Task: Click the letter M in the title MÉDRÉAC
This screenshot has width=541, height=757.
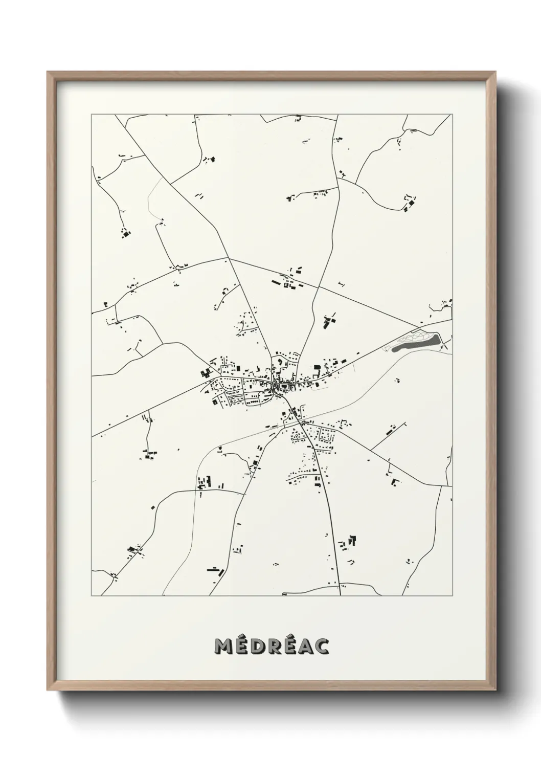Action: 223,647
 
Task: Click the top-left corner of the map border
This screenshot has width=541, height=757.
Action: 92,115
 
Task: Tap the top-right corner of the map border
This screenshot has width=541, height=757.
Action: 452,115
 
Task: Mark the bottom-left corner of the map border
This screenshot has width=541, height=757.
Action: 92,596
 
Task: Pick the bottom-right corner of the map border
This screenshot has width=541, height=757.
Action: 452,596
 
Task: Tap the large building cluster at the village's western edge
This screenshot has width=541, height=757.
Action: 207,373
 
